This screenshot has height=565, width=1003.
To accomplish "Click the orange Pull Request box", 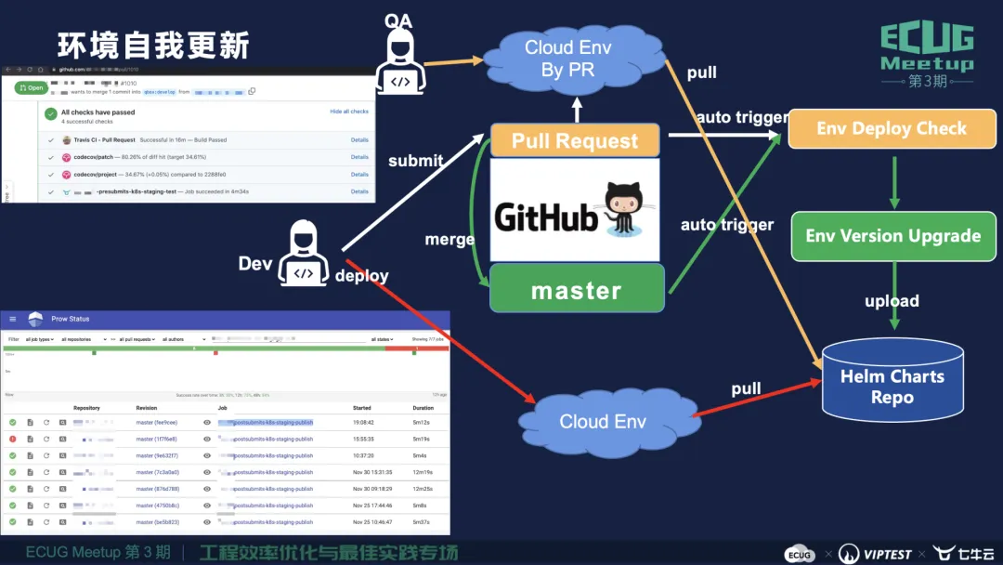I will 576,141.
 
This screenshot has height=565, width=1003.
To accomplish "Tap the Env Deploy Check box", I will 892,129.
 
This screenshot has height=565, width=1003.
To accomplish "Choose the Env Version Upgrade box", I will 892,236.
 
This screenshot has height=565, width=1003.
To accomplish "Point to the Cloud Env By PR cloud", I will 567,58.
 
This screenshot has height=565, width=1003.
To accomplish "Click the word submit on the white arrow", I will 415,160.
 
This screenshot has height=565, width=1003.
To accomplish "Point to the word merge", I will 449,239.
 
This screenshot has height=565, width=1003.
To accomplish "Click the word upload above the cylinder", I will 892,301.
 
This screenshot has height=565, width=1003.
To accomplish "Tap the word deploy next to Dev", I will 361,275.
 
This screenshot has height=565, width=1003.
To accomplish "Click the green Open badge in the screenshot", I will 31,88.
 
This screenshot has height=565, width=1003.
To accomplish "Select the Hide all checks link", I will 349,112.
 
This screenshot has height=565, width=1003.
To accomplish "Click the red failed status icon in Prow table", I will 13,439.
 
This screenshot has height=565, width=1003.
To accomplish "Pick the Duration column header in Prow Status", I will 423,408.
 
